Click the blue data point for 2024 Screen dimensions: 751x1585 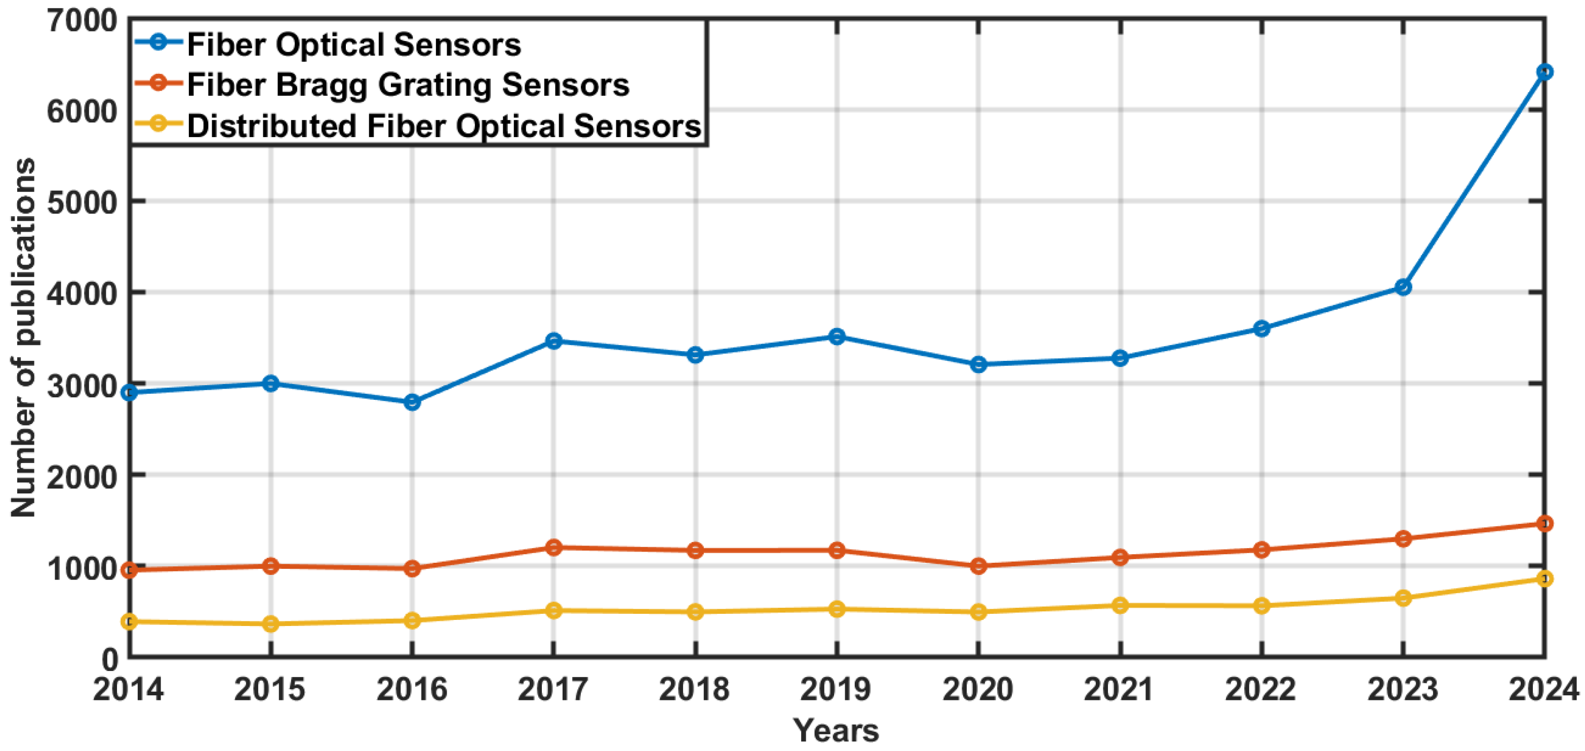coord(1544,72)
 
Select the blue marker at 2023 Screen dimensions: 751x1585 coord(1403,287)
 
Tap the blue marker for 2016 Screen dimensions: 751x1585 coord(412,402)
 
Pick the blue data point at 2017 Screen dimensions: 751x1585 coord(554,341)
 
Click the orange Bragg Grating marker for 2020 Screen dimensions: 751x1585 coord(978,566)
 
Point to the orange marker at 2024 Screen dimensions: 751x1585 coord(1544,523)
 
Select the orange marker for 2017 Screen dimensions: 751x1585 coord(554,547)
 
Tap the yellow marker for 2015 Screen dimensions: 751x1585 coord(271,623)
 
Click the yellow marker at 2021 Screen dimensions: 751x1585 coord(1120,605)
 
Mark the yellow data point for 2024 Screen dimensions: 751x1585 coord(1544,579)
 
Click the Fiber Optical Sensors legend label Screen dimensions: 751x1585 coord(354,45)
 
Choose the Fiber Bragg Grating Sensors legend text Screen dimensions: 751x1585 coord(408,85)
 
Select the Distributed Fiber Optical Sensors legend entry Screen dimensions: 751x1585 coord(444,126)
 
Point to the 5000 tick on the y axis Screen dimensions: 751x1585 coord(83,202)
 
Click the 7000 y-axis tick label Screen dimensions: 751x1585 coord(83,21)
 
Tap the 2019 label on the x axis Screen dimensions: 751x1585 coord(836,689)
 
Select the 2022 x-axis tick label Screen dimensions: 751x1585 coord(1261,689)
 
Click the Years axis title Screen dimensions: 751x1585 coord(836,730)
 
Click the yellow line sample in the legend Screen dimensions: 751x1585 coord(158,123)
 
